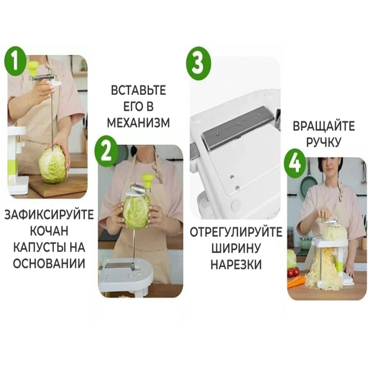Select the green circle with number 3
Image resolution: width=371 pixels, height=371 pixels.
pos(199,63)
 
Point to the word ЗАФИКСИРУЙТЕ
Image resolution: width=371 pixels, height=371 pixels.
pos(49,215)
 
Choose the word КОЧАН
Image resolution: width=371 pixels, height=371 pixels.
pos(49,231)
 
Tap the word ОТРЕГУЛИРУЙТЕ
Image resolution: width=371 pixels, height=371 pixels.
pos(236,232)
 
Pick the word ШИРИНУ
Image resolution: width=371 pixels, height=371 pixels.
pos(236,249)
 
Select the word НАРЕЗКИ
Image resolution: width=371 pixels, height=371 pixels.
pos(236,265)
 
